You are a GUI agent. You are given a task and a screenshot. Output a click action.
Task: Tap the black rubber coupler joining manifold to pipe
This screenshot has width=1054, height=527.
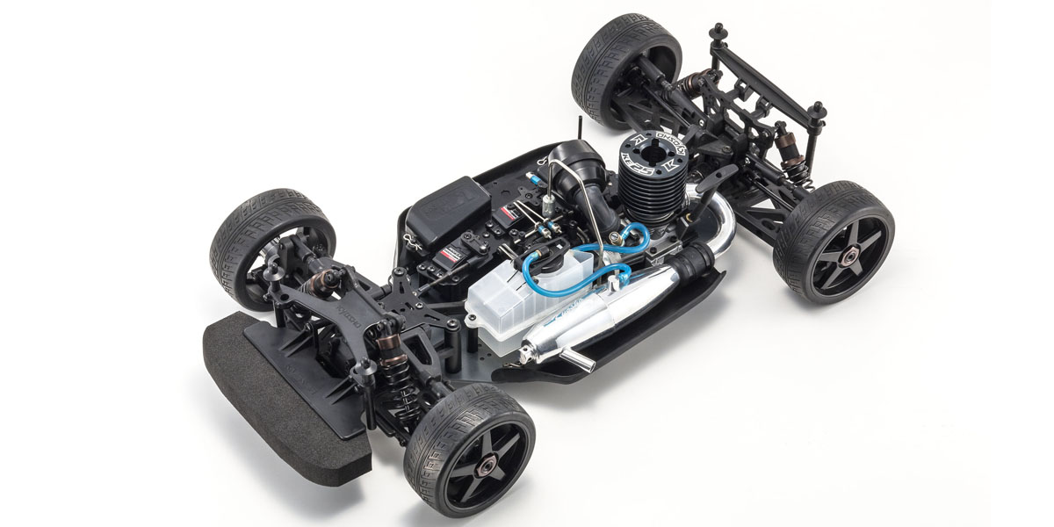pos(696,259)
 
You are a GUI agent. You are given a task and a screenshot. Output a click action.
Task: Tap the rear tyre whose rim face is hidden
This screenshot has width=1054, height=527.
pos(624,57)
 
